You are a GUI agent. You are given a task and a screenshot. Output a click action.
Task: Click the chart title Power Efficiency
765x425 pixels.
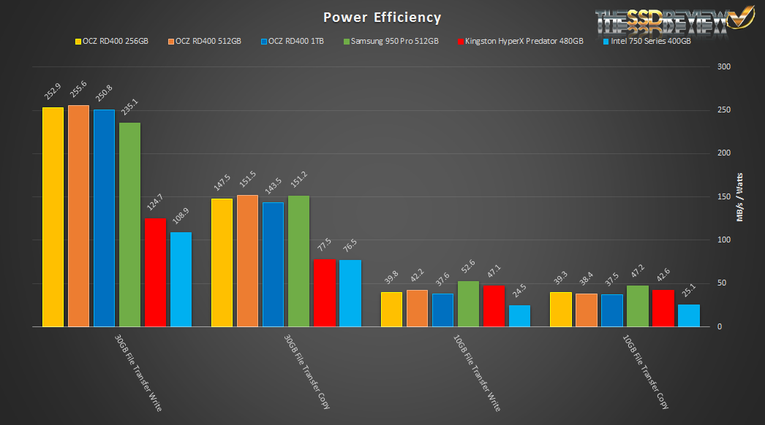pyautogui.click(x=383, y=17)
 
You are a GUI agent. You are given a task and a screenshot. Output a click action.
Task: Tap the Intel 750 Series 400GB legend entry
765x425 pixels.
pyautogui.click(x=644, y=41)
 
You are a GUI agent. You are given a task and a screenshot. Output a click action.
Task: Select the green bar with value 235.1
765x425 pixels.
pyautogui.click(x=129, y=224)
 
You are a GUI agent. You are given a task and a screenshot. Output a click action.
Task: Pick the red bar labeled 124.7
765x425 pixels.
pyautogui.click(x=155, y=272)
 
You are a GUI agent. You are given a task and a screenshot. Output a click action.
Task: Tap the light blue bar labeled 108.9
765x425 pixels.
pyautogui.click(x=181, y=279)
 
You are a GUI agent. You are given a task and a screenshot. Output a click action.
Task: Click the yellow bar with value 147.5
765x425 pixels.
pyautogui.click(x=222, y=262)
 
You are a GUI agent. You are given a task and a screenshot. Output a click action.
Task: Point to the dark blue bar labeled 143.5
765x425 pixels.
pyautogui.click(x=273, y=264)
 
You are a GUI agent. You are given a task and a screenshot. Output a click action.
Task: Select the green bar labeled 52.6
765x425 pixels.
pyautogui.click(x=468, y=303)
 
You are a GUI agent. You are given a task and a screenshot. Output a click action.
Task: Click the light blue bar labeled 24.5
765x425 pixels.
pyautogui.click(x=519, y=315)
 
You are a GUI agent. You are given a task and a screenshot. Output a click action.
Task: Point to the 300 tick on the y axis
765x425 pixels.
pyautogui.click(x=723, y=67)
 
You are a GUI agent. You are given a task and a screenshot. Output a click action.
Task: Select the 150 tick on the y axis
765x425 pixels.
pyautogui.click(x=723, y=197)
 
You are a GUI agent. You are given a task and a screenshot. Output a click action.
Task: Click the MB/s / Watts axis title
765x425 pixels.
pyautogui.click(x=739, y=196)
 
